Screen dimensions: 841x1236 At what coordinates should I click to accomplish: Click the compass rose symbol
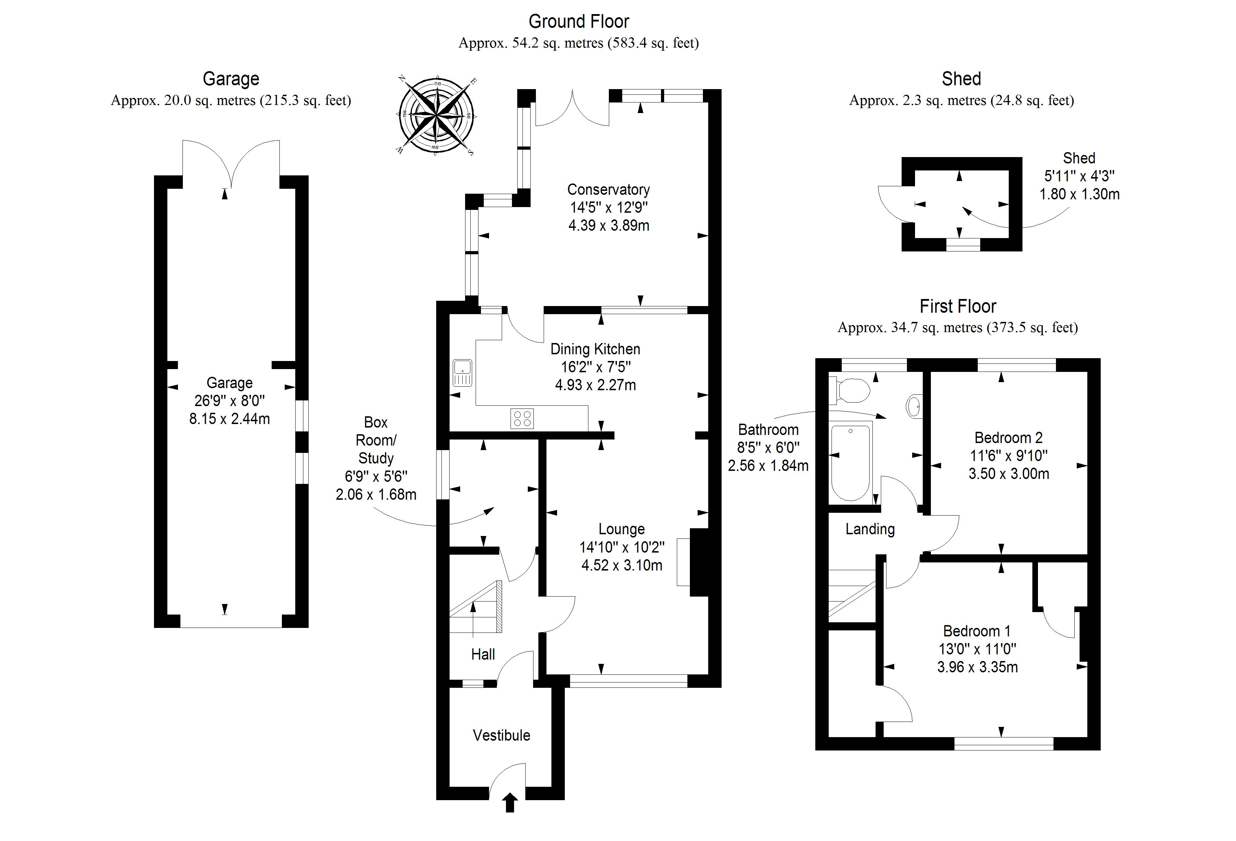point(436,115)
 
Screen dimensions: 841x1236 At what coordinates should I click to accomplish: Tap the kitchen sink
point(462,373)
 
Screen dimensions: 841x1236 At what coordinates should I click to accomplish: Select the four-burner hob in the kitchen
point(522,417)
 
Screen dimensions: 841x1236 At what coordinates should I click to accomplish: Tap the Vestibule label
point(501,735)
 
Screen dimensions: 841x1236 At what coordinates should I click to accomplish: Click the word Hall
point(483,654)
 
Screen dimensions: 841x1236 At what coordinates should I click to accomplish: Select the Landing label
point(870,529)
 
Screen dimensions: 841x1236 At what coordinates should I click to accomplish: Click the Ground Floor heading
point(579,21)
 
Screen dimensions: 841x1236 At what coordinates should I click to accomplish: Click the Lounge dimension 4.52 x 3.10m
point(622,565)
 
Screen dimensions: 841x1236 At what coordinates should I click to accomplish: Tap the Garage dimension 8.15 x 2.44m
point(229,419)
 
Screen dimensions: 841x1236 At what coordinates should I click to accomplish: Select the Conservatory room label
point(608,190)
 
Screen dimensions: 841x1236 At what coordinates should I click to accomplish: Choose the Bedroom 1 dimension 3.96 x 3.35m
point(977,667)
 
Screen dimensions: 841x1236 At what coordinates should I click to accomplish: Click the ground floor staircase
point(476,606)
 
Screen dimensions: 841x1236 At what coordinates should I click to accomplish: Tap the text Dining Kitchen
point(595,349)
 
